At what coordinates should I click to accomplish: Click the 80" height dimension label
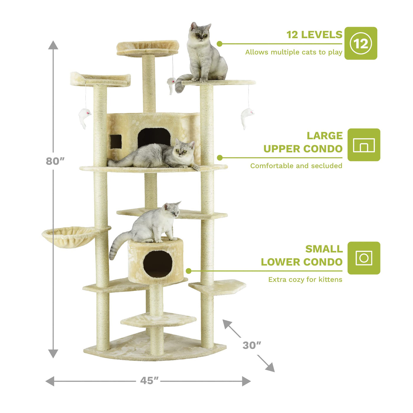[55, 161]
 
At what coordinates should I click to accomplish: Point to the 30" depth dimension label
[252, 345]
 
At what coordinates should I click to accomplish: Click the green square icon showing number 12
[361, 43]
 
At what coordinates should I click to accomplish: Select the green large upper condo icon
[364, 145]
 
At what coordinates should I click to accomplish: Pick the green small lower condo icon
[364, 258]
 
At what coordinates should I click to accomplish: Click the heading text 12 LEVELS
[314, 35]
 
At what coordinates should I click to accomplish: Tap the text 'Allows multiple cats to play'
[294, 52]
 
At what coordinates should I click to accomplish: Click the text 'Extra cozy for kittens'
[305, 279]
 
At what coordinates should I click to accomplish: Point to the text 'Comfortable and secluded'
[296, 166]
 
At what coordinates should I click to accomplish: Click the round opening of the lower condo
[158, 264]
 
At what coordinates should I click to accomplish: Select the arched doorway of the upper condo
[154, 137]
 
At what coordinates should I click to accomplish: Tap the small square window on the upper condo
[116, 142]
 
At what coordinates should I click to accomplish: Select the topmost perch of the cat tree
[148, 48]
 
